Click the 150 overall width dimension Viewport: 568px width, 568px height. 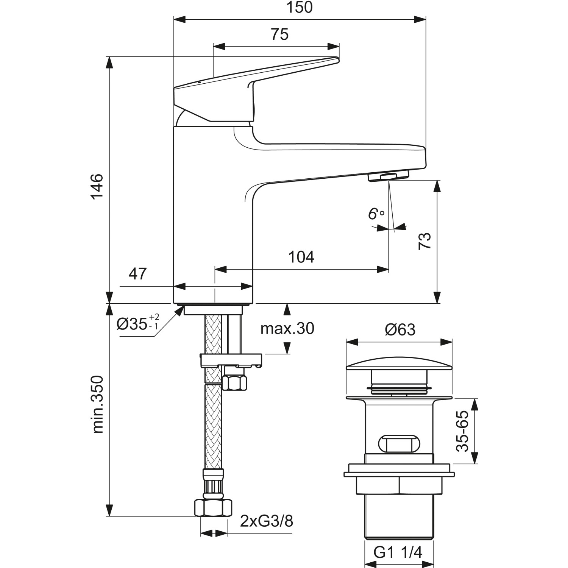[x=299, y=8]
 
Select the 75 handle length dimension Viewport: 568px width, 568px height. [x=279, y=34]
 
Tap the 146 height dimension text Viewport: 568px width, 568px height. [x=97, y=186]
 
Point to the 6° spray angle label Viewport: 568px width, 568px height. [x=376, y=214]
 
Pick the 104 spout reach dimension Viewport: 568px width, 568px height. [x=301, y=257]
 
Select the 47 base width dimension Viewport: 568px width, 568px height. [x=137, y=273]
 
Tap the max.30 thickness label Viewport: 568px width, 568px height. [x=287, y=329]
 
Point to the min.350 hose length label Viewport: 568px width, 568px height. [x=98, y=404]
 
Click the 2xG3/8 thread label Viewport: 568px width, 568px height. [x=267, y=522]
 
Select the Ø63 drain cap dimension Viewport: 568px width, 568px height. [x=400, y=329]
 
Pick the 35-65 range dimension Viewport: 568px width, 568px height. [x=463, y=431]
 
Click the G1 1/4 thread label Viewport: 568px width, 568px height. [x=398, y=553]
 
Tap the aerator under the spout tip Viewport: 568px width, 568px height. [x=389, y=176]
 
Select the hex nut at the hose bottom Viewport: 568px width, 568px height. [x=213, y=507]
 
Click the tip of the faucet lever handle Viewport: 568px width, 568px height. [x=335, y=59]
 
